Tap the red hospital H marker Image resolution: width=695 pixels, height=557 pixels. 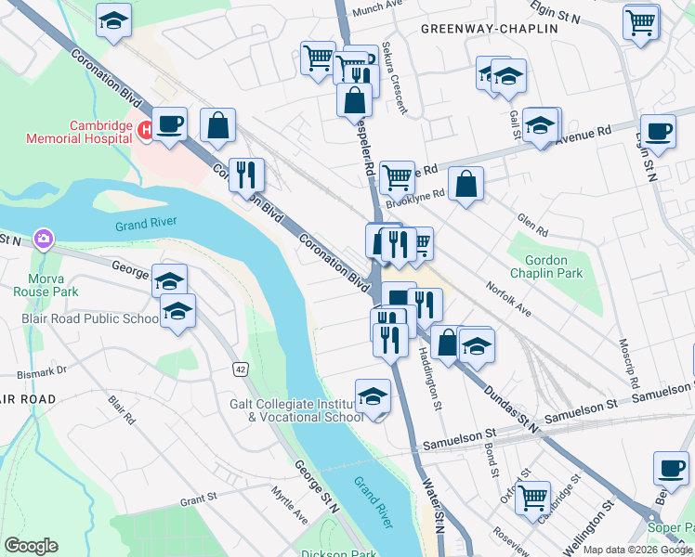pos(145,131)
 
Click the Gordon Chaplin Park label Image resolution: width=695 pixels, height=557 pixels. pos(553,266)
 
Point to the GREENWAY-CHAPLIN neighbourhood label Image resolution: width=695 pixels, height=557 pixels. pos(489,29)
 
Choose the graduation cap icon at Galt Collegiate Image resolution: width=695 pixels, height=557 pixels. pos(373,395)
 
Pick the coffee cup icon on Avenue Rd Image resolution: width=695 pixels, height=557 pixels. pos(658,131)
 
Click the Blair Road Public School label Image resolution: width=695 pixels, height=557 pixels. pos(90,318)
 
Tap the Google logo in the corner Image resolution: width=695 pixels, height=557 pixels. pos(30,546)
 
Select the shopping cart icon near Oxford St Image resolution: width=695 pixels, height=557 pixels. pos(532,498)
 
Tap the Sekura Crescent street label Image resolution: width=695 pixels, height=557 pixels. pos(395,81)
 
